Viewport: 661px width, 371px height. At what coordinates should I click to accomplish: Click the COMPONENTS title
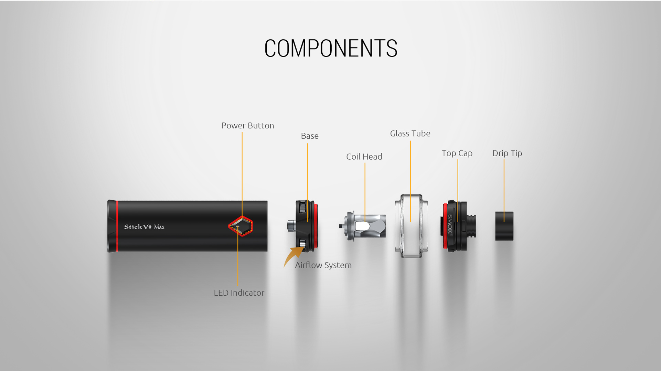[x=331, y=48]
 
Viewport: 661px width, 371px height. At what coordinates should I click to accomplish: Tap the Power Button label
[x=247, y=126]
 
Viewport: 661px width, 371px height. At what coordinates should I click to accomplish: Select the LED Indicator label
[x=239, y=293]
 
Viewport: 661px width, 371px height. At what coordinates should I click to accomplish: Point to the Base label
[x=310, y=136]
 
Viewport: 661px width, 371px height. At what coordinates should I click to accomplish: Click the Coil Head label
[x=364, y=157]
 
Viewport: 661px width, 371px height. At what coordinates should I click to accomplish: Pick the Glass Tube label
[x=410, y=134]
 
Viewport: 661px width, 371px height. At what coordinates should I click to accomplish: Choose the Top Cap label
[x=457, y=153]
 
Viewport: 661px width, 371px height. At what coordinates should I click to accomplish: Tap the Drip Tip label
[x=507, y=153]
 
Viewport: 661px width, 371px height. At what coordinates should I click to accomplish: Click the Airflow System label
[x=323, y=265]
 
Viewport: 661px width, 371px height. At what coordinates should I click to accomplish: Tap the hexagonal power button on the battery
[x=241, y=226]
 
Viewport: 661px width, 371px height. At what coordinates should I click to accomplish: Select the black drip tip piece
[x=504, y=226]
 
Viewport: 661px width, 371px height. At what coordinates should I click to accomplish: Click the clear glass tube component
[x=412, y=226]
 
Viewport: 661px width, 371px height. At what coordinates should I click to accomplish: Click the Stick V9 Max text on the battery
[x=144, y=227]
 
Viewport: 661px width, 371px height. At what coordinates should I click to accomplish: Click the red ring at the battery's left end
[x=117, y=226]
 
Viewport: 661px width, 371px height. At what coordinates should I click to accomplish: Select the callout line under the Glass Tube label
[x=410, y=181]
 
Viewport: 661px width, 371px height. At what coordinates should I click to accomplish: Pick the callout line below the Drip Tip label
[x=504, y=191]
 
